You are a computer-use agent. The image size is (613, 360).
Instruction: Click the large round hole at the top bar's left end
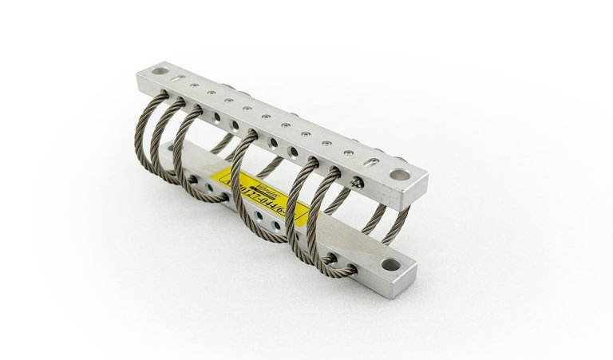click(x=153, y=72)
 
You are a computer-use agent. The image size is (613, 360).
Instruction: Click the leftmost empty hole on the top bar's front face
click(x=217, y=117)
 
